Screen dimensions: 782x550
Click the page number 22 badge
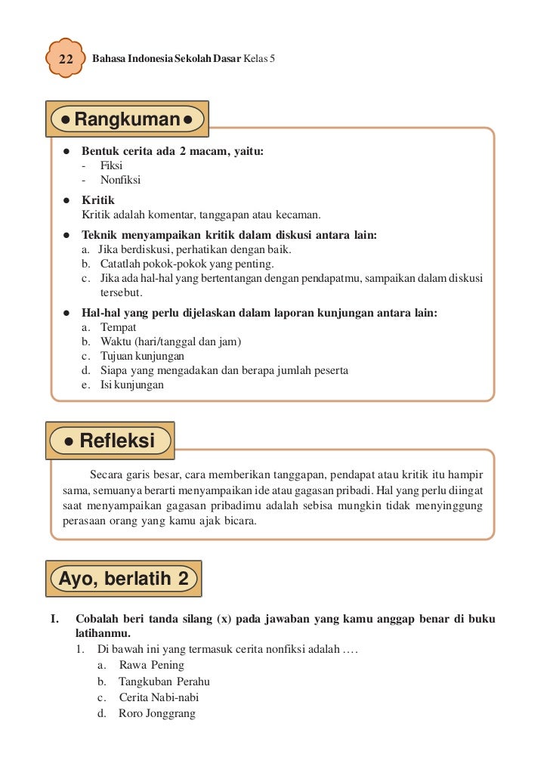click(65, 58)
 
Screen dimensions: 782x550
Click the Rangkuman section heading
click(127, 120)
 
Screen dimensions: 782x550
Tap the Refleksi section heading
click(110, 440)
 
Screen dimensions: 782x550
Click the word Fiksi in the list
click(111, 165)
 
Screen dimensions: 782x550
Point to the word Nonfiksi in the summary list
click(120, 180)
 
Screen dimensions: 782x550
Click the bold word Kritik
click(98, 200)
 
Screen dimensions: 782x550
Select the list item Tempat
click(119, 327)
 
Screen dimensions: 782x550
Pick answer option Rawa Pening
click(151, 665)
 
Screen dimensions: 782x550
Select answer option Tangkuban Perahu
click(164, 682)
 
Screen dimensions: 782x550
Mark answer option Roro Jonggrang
click(157, 713)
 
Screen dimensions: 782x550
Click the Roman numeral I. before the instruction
click(55, 619)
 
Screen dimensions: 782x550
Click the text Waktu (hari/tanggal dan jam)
click(171, 342)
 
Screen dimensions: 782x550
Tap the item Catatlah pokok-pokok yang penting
click(187, 264)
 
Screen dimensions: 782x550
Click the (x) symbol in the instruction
click(224, 619)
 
